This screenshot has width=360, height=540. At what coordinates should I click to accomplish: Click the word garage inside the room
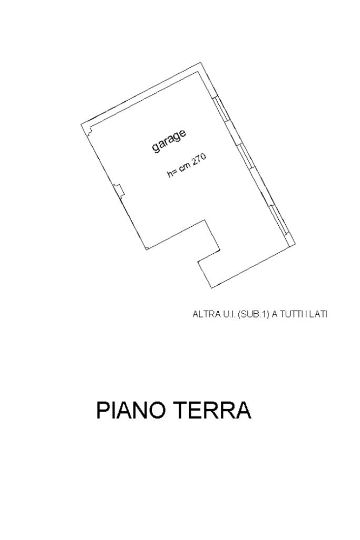tap(169, 140)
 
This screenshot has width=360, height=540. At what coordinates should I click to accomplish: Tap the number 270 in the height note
tap(199, 160)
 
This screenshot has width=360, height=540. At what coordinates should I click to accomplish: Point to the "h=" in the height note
tap(171, 173)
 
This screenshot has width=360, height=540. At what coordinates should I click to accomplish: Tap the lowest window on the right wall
tap(278, 219)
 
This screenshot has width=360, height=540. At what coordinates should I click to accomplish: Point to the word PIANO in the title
tap(133, 411)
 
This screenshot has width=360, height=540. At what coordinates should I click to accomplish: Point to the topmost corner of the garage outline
tap(201, 63)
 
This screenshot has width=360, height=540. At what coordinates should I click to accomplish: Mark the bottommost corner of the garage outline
tap(211, 288)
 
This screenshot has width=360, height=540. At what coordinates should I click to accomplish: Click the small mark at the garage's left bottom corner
tap(147, 248)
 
